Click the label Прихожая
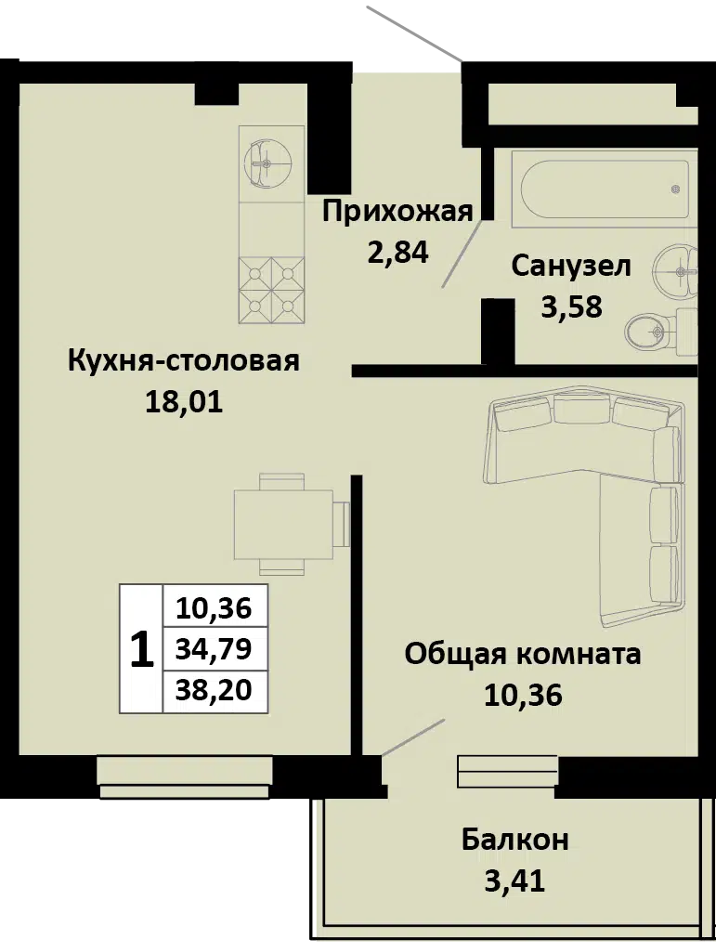[397, 213]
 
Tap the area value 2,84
[397, 252]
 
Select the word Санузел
[571, 267]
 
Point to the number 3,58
[571, 306]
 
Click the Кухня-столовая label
[183, 361]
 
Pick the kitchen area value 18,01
[184, 402]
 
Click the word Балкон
[515, 841]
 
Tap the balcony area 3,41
[515, 880]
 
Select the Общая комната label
[523, 655]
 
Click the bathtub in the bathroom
[605, 189]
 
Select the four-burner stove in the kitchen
[271, 290]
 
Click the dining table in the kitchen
[292, 524]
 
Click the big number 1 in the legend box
[141, 649]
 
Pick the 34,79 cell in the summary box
[214, 649]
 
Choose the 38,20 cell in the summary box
[214, 690]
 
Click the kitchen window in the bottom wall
[184, 777]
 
